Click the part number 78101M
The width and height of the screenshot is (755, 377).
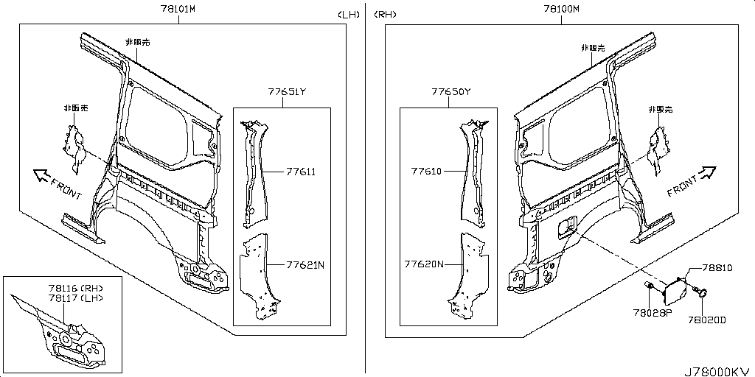(x=178, y=9)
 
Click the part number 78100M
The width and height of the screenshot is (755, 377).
(x=561, y=9)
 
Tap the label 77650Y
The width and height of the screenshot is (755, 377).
(x=450, y=91)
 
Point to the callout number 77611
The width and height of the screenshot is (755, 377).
(x=301, y=171)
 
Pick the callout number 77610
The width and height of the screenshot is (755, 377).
(x=426, y=171)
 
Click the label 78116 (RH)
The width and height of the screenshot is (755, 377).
(x=76, y=289)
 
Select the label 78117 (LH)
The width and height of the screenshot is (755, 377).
(x=76, y=298)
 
